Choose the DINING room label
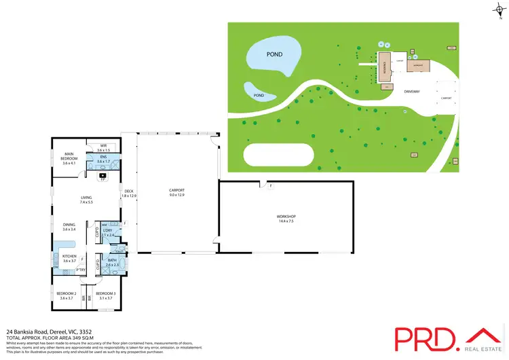[69, 228]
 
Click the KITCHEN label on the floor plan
[69, 259]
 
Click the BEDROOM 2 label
[66, 295]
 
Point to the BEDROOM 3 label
[105, 295]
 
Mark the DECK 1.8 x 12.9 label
[129, 193]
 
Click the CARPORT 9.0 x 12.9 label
[176, 193]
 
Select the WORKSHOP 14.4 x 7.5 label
[286, 219]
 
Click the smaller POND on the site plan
[259, 96]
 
